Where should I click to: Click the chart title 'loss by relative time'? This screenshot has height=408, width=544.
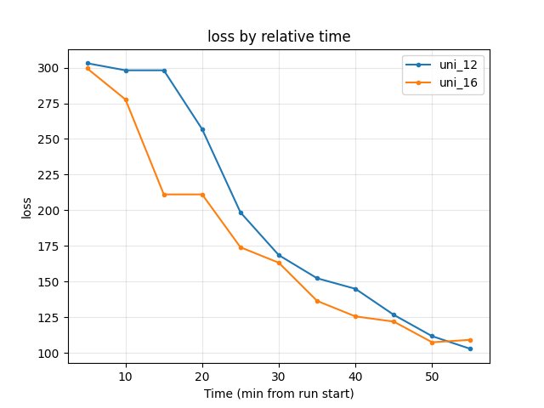coord(279,37)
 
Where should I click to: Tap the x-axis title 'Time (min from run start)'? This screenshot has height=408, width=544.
coord(279,394)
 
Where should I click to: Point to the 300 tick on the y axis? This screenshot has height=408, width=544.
coord(52,68)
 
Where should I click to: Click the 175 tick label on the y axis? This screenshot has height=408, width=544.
coord(52,246)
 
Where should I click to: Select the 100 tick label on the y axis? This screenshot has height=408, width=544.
coord(52,354)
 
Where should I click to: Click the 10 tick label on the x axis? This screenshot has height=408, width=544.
coord(126,376)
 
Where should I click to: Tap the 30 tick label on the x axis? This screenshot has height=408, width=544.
coord(279,376)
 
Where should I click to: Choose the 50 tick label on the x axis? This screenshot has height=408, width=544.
coord(432,376)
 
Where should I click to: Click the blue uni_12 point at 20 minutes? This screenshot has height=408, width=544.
coord(202,129)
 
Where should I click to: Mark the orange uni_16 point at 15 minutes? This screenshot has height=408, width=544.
coord(164,195)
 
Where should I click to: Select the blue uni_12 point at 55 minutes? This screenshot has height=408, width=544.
coord(470,348)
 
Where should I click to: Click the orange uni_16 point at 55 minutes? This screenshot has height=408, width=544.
coord(470,340)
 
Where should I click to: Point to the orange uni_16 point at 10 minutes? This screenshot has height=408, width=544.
coord(126,99)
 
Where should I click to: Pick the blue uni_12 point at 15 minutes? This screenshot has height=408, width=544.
coord(164,71)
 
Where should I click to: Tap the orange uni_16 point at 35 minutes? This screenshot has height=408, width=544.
coord(317,301)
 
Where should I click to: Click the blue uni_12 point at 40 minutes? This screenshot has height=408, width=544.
coord(355,289)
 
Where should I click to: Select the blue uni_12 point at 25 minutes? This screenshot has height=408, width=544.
coord(241,212)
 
